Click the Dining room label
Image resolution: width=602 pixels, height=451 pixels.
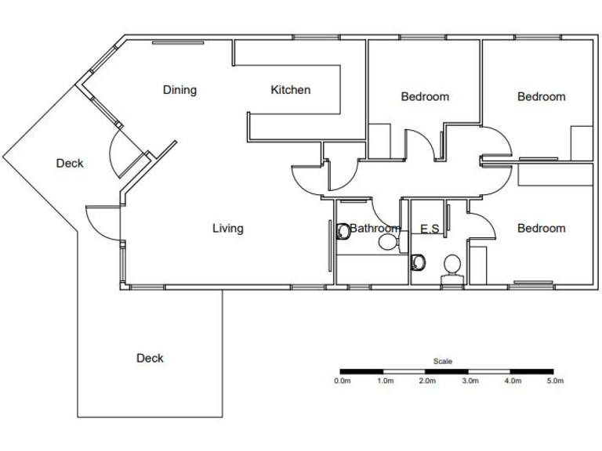coord(180,90)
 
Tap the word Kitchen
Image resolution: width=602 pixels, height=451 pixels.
coord(290,90)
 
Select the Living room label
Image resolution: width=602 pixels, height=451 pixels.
coord(228,229)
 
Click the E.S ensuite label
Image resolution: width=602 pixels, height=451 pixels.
coord(430,229)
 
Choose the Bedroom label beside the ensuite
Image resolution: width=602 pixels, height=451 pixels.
coord(541,229)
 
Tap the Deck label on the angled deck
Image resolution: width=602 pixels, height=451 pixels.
coord(70,164)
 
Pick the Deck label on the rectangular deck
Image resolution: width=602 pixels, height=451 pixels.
coord(150,358)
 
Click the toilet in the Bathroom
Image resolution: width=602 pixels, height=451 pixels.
coord(343,232)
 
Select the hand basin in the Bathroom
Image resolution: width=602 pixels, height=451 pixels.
coord(387,244)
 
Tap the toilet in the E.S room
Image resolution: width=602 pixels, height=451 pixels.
coord(419,262)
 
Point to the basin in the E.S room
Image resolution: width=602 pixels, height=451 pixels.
coord(451,263)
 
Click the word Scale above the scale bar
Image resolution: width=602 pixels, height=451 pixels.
coord(442,362)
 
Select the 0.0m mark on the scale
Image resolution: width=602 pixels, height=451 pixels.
coord(342,381)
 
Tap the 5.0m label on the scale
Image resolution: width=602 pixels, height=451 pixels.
coord(554,381)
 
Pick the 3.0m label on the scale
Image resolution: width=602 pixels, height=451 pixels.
coord(469,381)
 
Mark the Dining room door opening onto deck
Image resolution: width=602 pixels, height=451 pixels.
coord(123,153)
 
